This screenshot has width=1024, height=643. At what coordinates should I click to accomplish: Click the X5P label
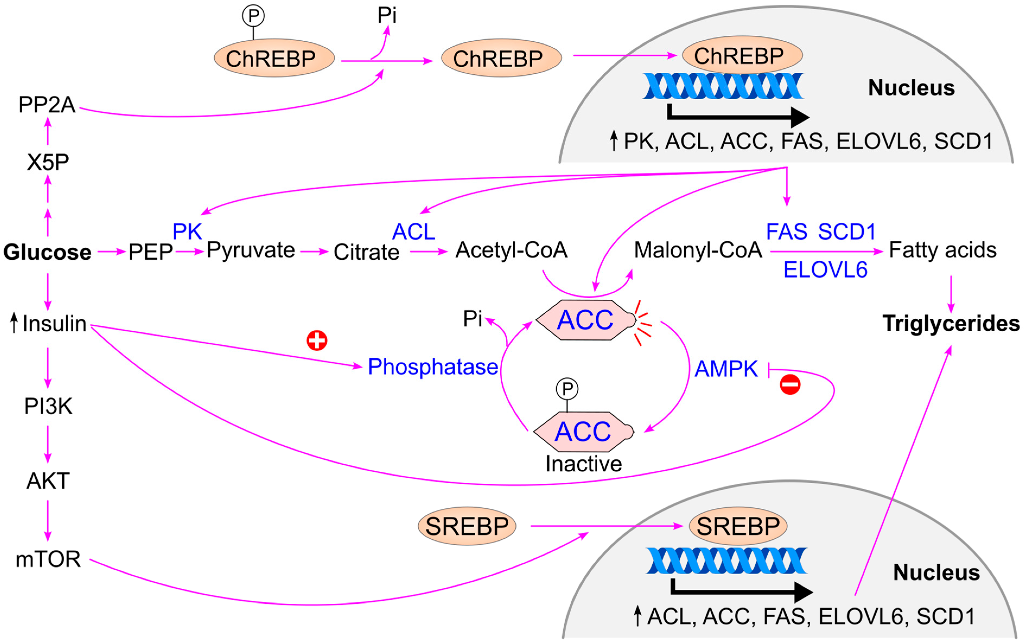[48, 162]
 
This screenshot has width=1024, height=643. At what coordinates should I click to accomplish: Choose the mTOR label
[48, 559]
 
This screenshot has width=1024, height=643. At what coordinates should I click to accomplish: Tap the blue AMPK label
[726, 369]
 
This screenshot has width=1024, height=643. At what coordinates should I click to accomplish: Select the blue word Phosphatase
[433, 367]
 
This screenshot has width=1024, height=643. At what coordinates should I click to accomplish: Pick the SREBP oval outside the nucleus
[467, 526]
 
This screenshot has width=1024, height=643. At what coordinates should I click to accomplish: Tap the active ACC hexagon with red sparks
[585, 320]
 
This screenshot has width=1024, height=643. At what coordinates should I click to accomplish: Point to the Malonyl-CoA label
[698, 250]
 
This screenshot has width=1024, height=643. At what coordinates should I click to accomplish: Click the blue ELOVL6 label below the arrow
[825, 270]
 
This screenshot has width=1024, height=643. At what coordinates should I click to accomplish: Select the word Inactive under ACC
[583, 464]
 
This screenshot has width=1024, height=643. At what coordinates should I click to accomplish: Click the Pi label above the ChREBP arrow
[387, 15]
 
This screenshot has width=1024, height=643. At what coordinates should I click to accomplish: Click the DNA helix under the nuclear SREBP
[726, 561]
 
